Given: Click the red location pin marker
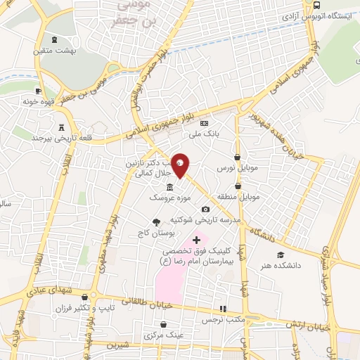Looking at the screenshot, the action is [x=181, y=165].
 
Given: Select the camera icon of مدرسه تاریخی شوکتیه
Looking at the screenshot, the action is [x=205, y=210].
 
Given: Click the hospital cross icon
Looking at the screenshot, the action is [x=195, y=240].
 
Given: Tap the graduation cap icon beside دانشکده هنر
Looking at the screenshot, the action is [x=281, y=255].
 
